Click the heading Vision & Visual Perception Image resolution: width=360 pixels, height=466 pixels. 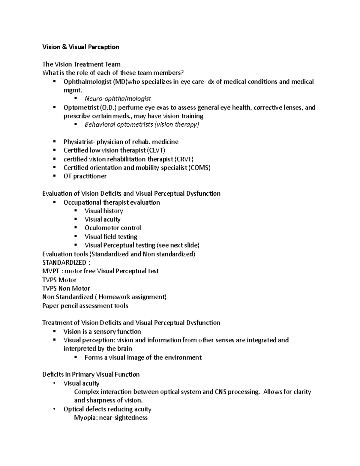coord(81,47)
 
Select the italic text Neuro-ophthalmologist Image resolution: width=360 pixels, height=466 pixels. coord(118,98)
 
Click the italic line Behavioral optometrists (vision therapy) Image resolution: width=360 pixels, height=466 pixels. coord(142,125)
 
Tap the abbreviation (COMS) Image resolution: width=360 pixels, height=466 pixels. coord(199,167)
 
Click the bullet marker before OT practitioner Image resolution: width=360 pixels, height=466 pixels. coord(54,176)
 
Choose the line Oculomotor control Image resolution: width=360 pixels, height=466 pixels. coord(112,228)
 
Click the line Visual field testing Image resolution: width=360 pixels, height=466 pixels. coord(111,236)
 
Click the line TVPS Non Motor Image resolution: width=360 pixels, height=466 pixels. coord(66,288)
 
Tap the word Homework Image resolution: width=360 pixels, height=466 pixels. coord(114,297)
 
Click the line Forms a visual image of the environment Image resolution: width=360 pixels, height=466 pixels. coord(143,357)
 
